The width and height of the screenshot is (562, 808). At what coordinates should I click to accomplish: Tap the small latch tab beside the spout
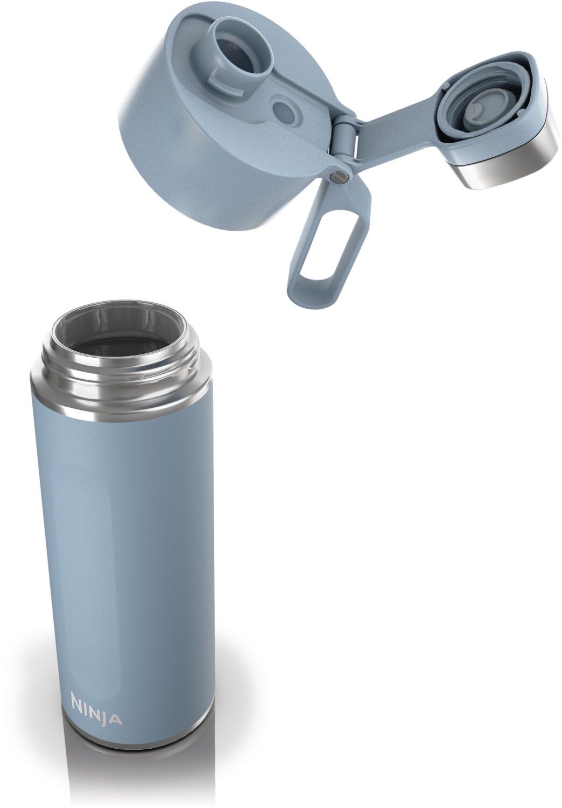coord(220,78)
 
